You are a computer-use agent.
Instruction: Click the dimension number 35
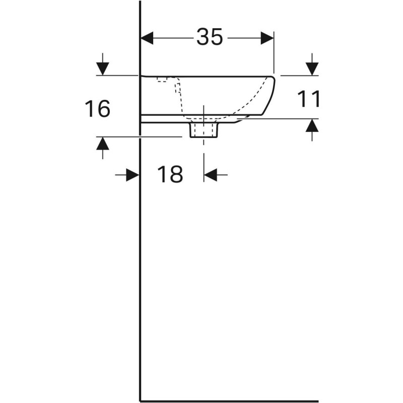tap(210, 37)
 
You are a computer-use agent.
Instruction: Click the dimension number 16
tap(97, 109)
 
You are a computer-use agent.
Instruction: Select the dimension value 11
tap(309, 99)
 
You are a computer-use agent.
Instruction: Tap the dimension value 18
tap(170, 175)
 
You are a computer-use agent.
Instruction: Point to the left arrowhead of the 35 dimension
tap(147, 38)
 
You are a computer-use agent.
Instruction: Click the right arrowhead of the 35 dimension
tap(267, 38)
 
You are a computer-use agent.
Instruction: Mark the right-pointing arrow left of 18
tap(132, 175)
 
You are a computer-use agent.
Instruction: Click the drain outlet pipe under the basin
tap(204, 130)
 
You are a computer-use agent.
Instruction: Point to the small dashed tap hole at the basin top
tap(162, 79)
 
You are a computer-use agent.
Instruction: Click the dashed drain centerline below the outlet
tap(204, 151)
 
